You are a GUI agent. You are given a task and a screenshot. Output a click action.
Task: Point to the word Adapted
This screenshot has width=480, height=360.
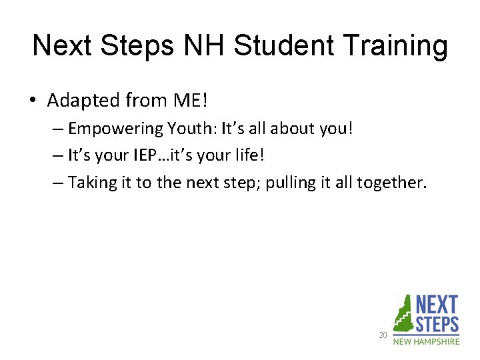coord(85,101)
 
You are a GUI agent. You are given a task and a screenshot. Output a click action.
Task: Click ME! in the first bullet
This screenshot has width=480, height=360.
coord(191,101)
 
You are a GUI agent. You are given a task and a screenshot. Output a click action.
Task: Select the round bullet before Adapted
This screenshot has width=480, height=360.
coord(33,101)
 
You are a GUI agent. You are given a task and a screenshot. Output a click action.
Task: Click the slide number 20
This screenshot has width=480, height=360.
coord(383,335)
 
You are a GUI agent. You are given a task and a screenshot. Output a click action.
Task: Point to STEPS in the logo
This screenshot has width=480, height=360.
coord(437,325)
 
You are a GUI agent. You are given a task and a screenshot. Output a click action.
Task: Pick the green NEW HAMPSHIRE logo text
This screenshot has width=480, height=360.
coord(426,341)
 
